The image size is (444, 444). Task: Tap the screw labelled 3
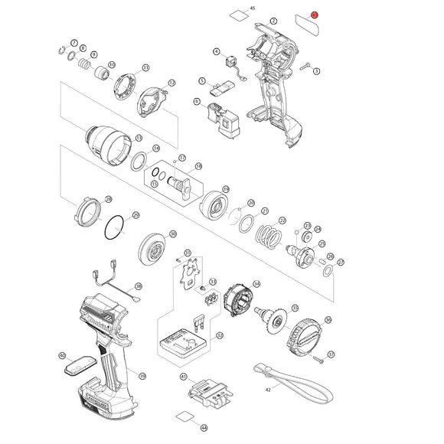pos(305,67)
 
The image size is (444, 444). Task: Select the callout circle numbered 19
pos(226,188)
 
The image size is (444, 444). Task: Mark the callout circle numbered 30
pos(172,234)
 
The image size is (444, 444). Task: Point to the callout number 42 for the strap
pos(268,390)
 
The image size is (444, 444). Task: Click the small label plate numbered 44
pos(183,417)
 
